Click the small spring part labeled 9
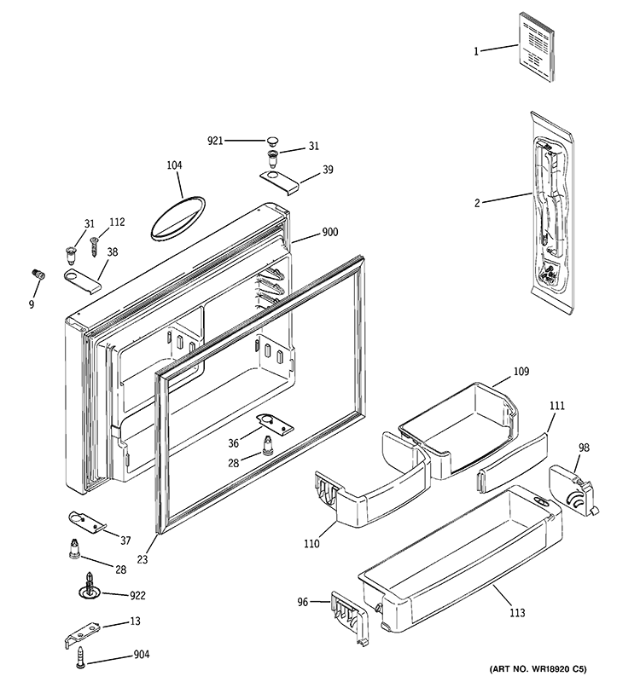click(37, 274)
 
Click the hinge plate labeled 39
click(278, 180)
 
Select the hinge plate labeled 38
click(81, 280)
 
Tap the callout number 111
click(556, 407)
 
